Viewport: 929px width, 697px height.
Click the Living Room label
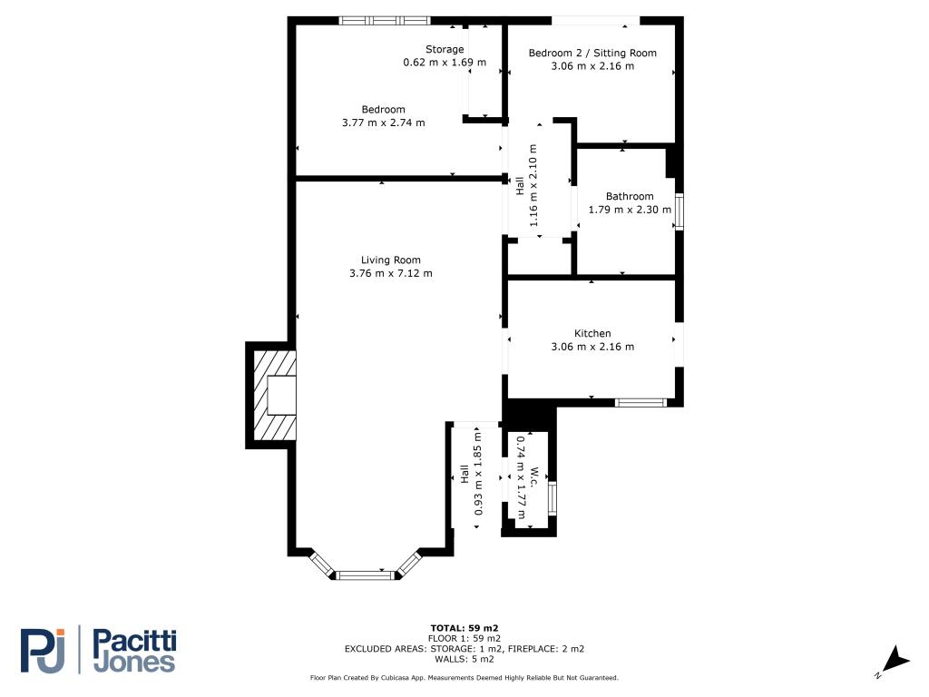[x=390, y=260]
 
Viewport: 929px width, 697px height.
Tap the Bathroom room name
[x=630, y=196]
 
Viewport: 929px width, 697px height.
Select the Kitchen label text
[x=592, y=333]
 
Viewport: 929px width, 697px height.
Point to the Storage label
[x=445, y=49]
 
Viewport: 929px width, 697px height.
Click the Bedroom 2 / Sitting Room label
[x=592, y=53]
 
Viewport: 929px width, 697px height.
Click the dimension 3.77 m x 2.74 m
[x=384, y=123]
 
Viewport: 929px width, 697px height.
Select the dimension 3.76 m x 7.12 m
[x=390, y=273]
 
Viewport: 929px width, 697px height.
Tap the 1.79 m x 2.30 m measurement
[x=630, y=210]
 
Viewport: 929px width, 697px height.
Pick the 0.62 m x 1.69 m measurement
[x=445, y=63]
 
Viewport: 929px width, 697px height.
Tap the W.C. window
[x=553, y=498]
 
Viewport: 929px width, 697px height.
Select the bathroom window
[x=680, y=211]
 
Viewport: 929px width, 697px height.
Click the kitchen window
[x=641, y=402]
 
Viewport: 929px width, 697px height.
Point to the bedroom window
[x=385, y=20]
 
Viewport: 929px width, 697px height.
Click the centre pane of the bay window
[x=365, y=574]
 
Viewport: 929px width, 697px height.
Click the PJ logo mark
[x=43, y=651]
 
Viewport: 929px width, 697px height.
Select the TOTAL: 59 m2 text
[x=464, y=628]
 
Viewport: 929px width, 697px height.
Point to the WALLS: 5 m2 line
[x=464, y=659]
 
